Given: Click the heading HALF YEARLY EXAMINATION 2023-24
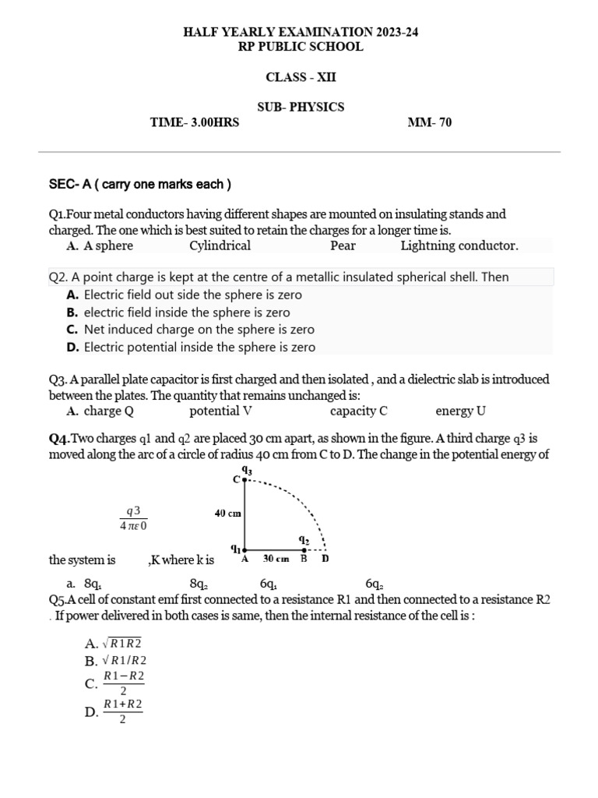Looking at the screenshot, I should [300, 32].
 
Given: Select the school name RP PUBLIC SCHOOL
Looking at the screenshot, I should [300, 47].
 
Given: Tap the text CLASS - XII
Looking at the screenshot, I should [301, 77].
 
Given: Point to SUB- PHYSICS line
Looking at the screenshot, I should [301, 107].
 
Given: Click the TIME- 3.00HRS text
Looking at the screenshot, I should [195, 122].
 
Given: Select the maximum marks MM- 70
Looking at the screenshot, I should [429, 122].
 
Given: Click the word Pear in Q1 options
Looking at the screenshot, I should [343, 246].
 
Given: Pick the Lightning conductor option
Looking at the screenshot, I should [459, 246].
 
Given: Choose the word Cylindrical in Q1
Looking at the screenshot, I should [220, 246].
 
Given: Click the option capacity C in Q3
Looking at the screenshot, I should [358, 411].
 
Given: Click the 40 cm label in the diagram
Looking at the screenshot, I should [228, 514].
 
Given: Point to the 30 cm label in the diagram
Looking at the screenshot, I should [276, 559].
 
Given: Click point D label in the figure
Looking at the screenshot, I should [325, 559].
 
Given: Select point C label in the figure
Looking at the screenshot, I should [237, 478].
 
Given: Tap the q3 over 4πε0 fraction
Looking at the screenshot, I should [133, 517].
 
